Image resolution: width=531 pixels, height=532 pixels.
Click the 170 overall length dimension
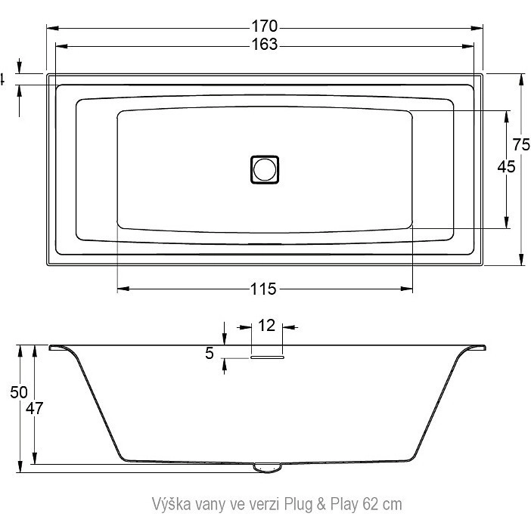[x=265, y=26]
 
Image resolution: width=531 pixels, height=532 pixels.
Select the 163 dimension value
[x=265, y=45]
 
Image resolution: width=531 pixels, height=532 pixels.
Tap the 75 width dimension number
[x=521, y=145]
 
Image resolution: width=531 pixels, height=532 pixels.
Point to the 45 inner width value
[x=506, y=166]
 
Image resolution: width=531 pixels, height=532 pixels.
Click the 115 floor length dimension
[x=263, y=289]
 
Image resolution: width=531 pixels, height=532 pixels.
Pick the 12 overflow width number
[x=266, y=326]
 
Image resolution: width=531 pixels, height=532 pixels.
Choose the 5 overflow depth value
[x=210, y=354]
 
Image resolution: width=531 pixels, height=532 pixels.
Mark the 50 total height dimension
[x=19, y=392]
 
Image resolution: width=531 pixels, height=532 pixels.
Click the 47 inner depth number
[x=35, y=409]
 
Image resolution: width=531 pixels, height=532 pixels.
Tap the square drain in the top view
[x=265, y=169]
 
